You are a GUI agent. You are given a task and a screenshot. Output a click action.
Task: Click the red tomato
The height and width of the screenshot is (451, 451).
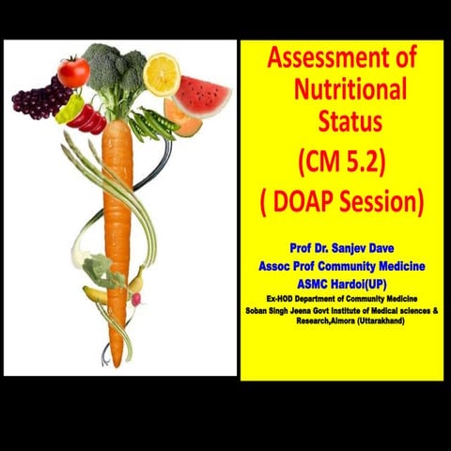coord(72,71)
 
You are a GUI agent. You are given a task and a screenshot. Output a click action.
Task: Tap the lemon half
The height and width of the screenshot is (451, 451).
coord(162,73)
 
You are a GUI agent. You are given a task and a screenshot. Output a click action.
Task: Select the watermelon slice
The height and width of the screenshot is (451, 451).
coord(202,95)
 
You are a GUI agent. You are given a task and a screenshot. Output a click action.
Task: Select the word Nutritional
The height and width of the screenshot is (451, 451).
coord(350,91)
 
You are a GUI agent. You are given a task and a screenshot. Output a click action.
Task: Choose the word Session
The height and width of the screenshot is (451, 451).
coord(381,202)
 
